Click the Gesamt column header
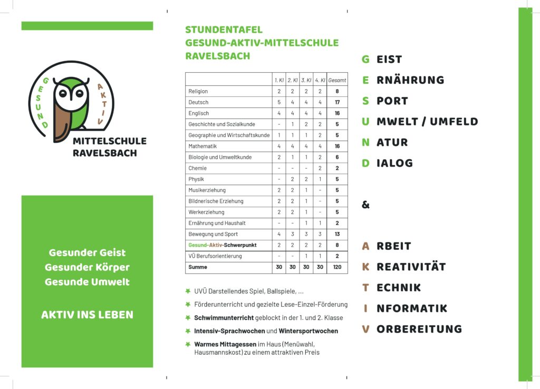click(337, 80)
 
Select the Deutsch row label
click(198, 102)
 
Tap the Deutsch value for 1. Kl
click(279, 102)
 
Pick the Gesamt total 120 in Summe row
click(337, 267)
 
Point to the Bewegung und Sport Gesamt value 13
click(337, 234)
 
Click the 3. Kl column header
click(306, 80)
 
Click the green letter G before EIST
click(365, 60)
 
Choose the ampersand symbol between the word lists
click(365, 205)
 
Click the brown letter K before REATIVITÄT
click(365, 267)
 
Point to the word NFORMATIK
click(412, 308)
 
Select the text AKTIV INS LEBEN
click(87, 315)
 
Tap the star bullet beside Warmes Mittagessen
click(187, 344)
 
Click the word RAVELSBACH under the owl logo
click(104, 153)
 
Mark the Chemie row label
click(198, 168)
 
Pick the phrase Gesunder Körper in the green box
click(87, 267)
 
